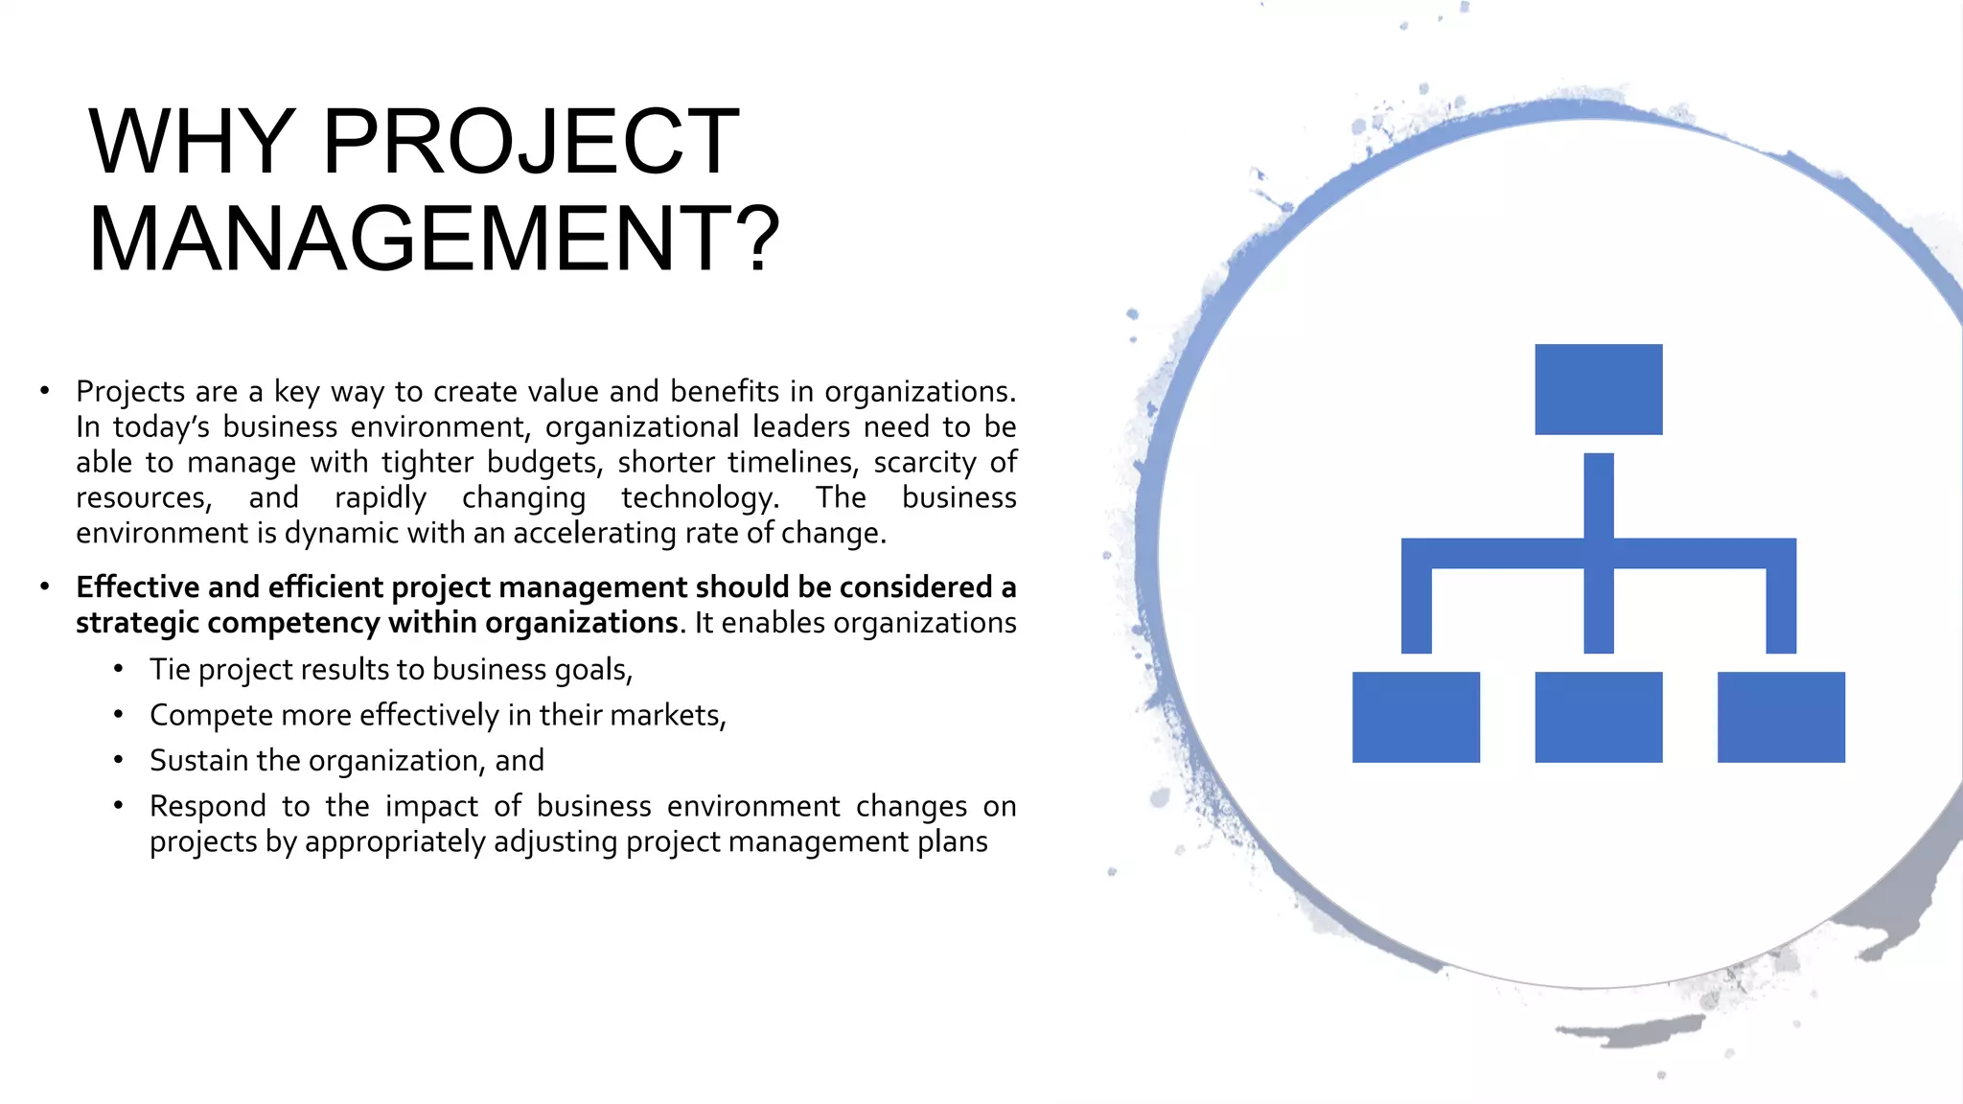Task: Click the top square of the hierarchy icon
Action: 1598,389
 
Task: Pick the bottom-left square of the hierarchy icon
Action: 1416,717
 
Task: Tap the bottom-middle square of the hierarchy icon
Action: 1598,717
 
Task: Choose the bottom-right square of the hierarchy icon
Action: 1780,717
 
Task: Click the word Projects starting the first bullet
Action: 130,392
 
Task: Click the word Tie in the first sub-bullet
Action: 170,669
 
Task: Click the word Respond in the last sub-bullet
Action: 207,806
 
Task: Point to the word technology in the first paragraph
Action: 699,498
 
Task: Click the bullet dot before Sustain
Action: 118,760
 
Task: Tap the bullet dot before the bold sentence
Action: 44,586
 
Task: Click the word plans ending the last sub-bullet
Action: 952,841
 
